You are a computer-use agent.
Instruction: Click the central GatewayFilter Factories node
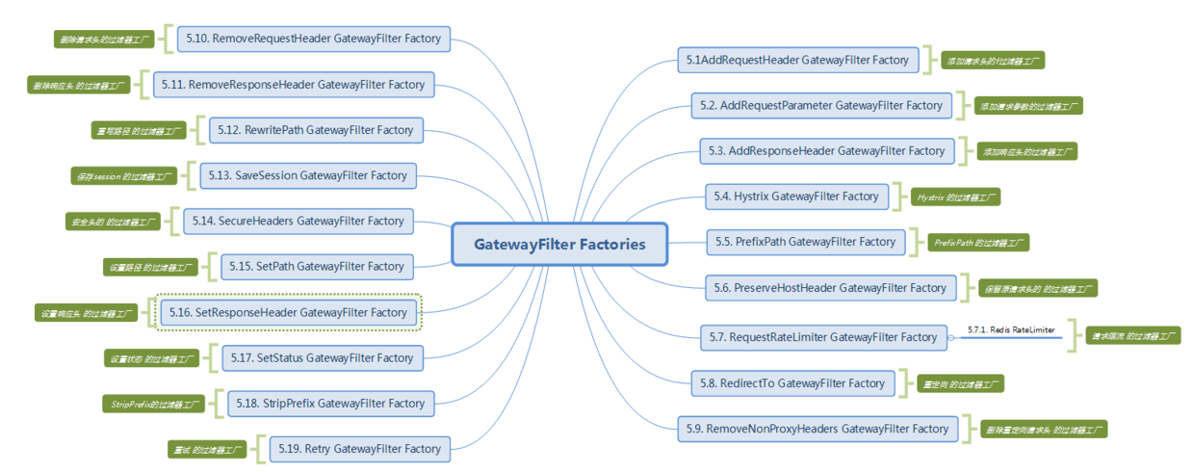pyautogui.click(x=559, y=244)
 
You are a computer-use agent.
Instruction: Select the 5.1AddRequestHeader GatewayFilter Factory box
pyautogui.click(x=797, y=60)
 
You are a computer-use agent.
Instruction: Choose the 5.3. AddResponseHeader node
pyautogui.click(x=827, y=151)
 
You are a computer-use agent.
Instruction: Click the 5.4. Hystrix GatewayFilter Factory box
pyautogui.click(x=796, y=197)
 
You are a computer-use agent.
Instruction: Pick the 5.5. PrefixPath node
pyautogui.click(x=806, y=242)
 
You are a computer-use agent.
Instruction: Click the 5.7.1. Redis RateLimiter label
pyautogui.click(x=1011, y=330)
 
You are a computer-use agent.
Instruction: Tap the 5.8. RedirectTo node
pyautogui.click(x=792, y=383)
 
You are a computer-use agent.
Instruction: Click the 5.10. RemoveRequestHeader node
pyautogui.click(x=314, y=39)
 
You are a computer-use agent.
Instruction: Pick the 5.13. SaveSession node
pyautogui.click(x=308, y=175)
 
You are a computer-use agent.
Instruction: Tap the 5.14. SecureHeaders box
pyautogui.click(x=298, y=221)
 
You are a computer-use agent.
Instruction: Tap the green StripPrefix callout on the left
pyautogui.click(x=152, y=404)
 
